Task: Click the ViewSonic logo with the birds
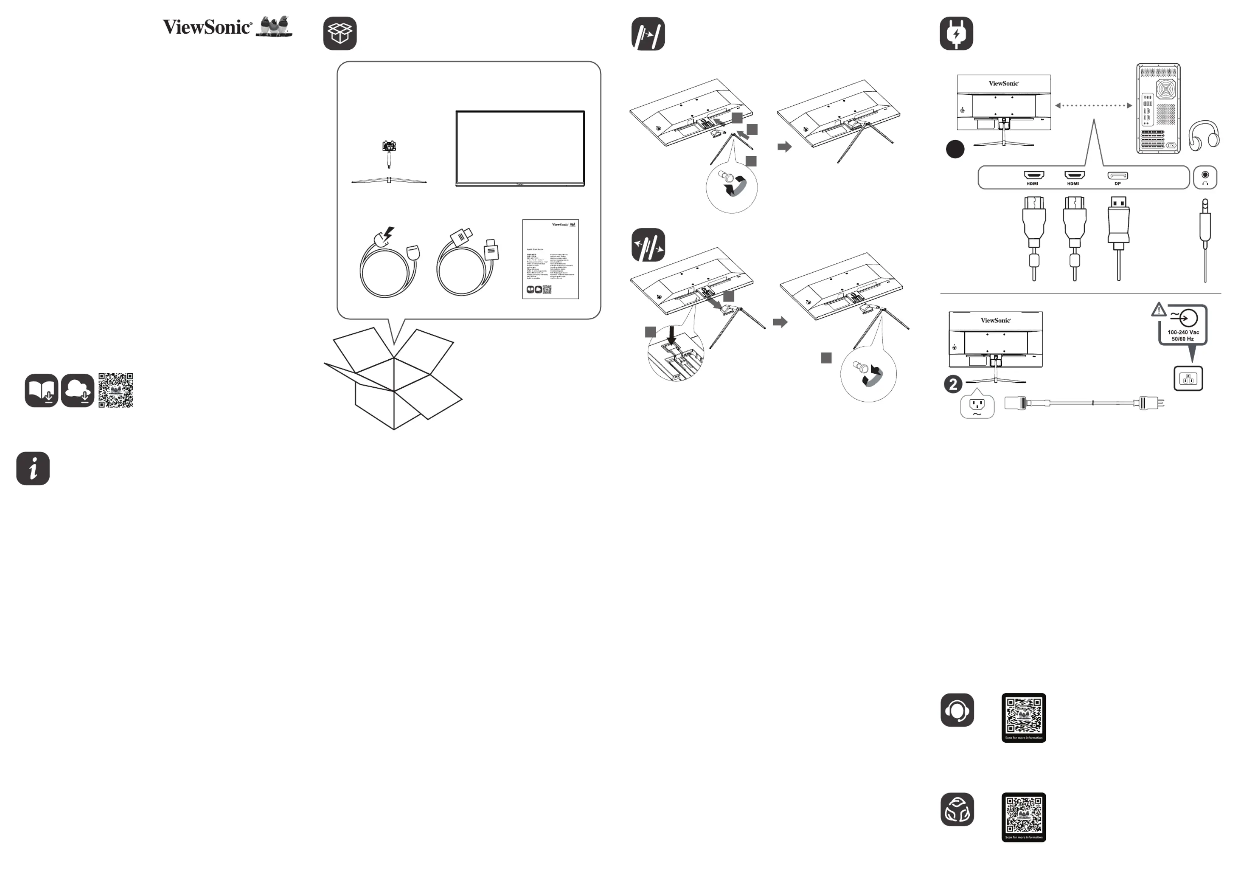click(227, 27)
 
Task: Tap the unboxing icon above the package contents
click(339, 33)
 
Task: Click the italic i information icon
click(33, 468)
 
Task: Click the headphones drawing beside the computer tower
click(1203, 136)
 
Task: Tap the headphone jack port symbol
click(1205, 177)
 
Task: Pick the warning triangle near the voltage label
click(1159, 310)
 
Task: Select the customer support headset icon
click(957, 710)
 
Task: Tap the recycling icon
click(957, 809)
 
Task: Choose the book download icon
click(41, 391)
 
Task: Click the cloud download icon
click(78, 391)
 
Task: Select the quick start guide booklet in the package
click(550, 259)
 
